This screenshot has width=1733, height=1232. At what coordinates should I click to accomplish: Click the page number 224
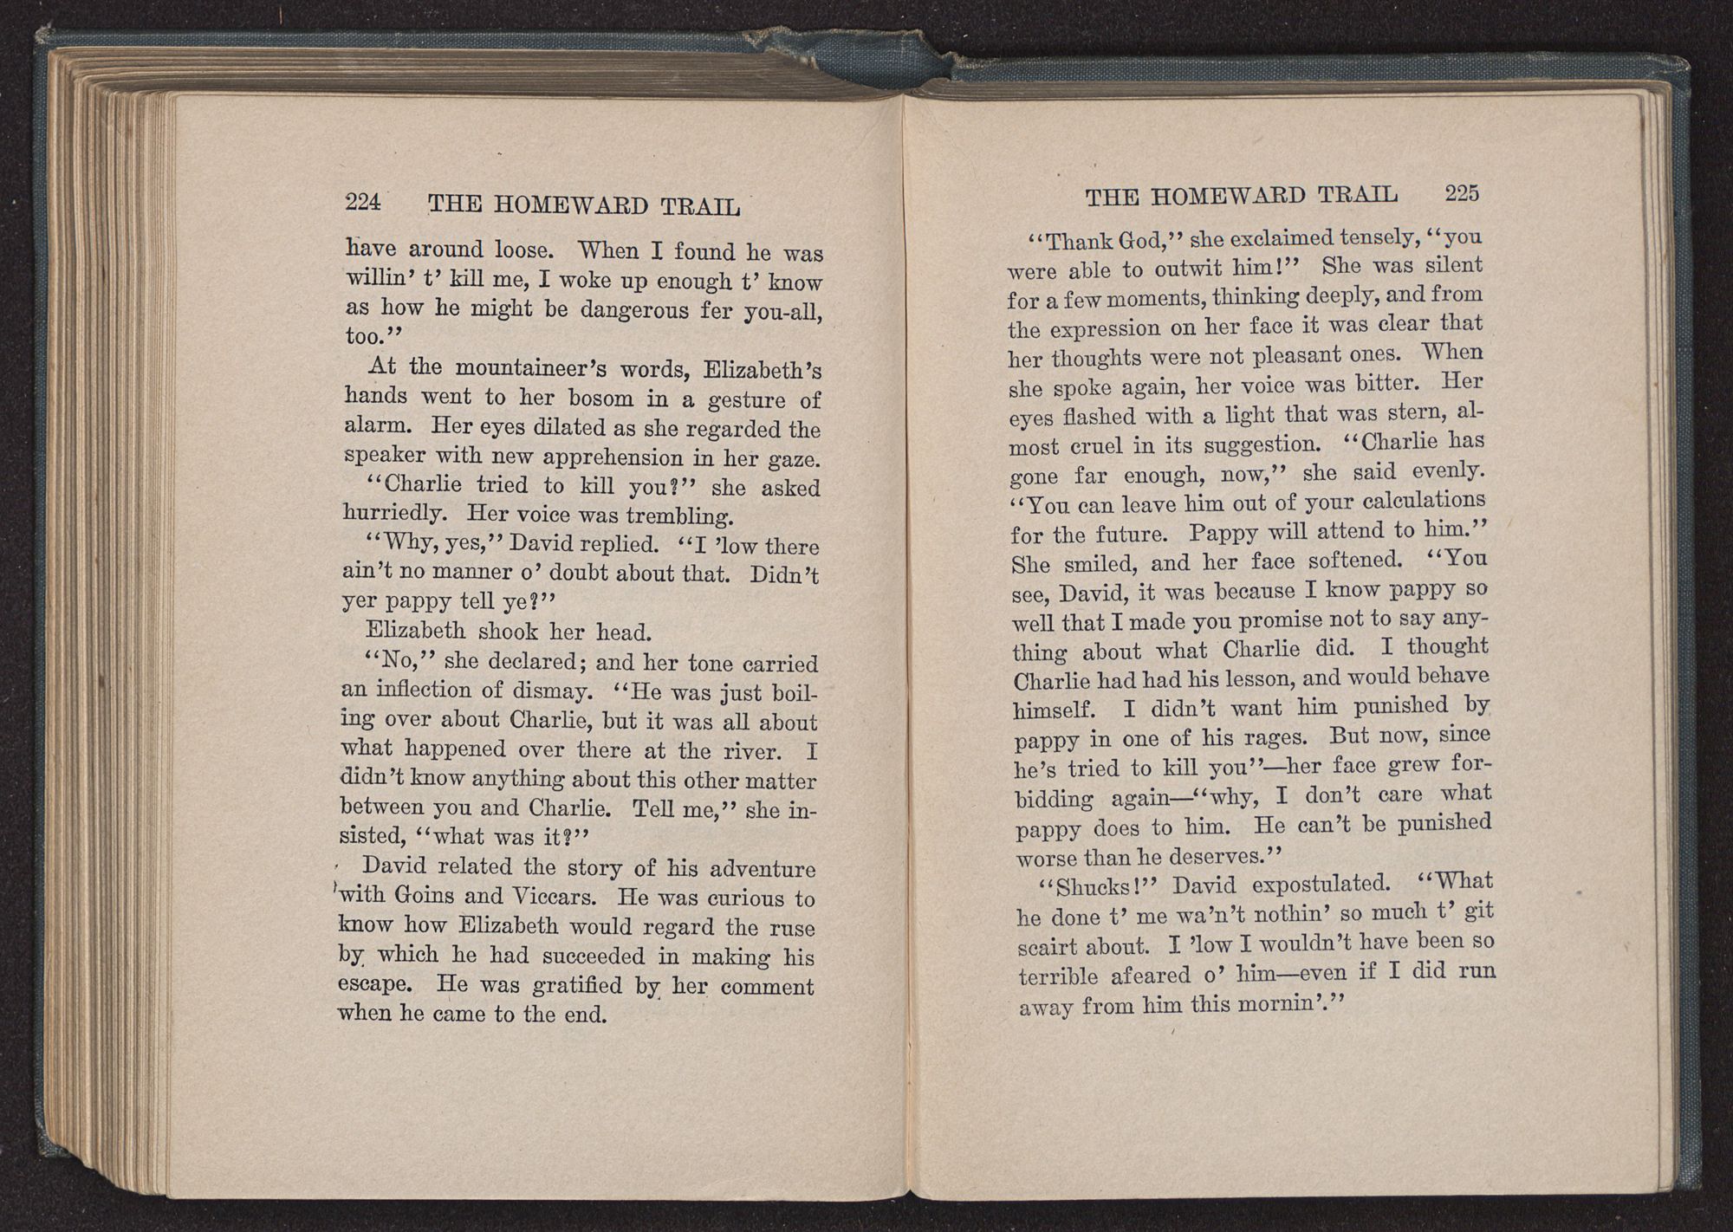[363, 202]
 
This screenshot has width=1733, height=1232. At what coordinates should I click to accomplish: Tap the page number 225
[1462, 193]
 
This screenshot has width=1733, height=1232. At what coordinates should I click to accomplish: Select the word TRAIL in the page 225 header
[1357, 195]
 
